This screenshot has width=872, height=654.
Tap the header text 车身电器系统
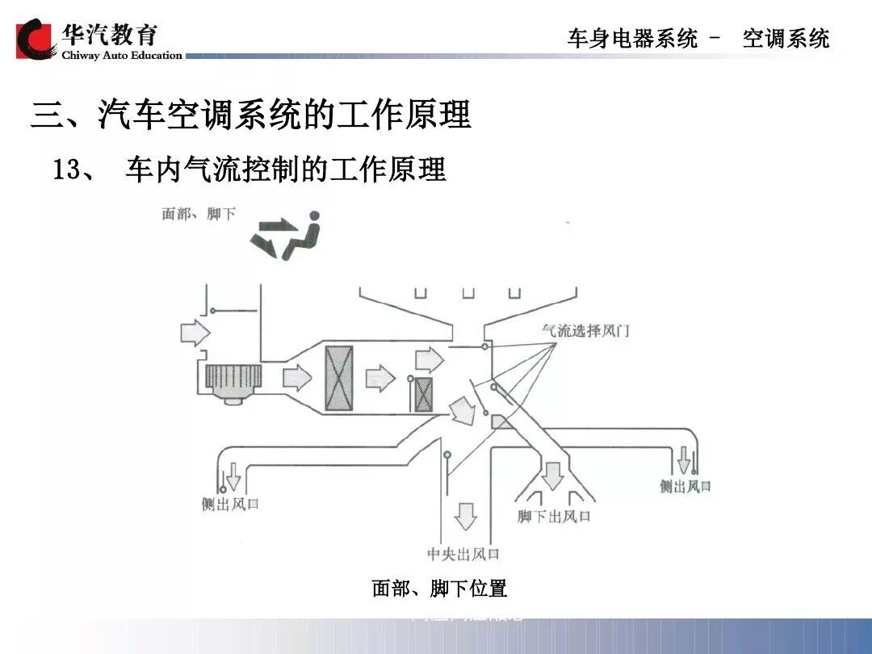(632, 38)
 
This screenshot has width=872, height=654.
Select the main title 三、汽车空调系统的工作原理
(251, 115)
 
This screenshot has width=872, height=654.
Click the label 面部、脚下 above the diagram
(199, 214)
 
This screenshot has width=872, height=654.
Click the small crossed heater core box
(423, 393)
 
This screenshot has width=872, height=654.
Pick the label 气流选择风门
(585, 330)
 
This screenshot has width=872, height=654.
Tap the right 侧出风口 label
(685, 486)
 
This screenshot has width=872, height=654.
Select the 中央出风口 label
(463, 554)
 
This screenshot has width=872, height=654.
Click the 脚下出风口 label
(554, 516)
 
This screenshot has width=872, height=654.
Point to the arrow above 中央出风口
(465, 514)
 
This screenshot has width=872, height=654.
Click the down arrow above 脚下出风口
(552, 475)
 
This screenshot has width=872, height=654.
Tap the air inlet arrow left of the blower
(195, 331)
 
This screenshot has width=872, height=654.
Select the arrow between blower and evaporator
(296, 376)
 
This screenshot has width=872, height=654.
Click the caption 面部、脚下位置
(439, 589)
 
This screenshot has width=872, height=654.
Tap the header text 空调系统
(786, 38)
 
